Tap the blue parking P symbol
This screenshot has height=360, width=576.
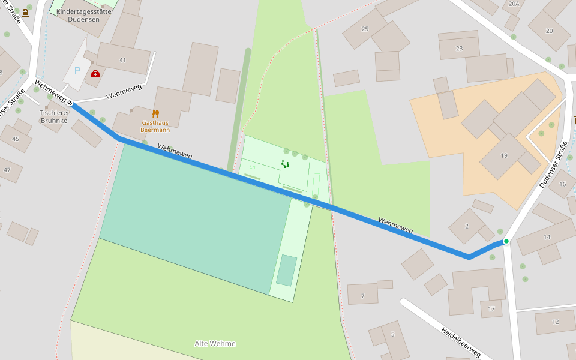77,71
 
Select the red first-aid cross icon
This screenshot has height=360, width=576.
95,73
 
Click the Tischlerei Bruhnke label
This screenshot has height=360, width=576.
55,116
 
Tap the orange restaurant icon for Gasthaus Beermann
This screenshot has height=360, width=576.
155,114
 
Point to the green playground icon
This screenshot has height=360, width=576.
285,164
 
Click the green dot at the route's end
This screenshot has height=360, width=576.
506,241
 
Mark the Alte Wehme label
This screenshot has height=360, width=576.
215,344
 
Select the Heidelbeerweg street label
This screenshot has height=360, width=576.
460,343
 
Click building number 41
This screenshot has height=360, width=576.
122,60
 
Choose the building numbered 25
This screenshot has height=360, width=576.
365,29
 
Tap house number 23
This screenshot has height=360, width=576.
459,49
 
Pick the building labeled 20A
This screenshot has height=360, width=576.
514,4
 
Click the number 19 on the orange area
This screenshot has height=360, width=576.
504,155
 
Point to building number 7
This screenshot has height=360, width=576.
362,296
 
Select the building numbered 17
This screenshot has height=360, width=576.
491,309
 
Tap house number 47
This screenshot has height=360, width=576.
7,170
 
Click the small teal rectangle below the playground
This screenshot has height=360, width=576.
287,270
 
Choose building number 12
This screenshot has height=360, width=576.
555,322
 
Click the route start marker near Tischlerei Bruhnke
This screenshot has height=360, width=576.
70,103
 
